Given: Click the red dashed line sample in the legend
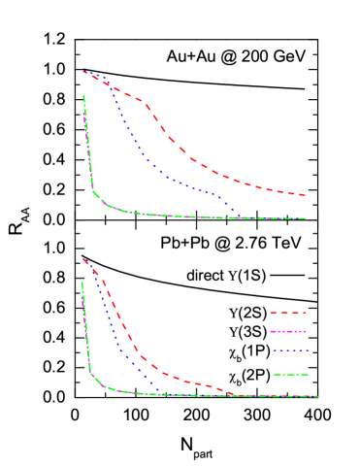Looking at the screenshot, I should point(288,313).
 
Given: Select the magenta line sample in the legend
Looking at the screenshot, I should point(288,331).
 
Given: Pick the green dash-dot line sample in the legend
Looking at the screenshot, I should point(290,375).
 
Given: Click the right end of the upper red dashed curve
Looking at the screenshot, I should point(306,195).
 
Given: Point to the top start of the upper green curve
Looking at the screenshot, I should point(83,96).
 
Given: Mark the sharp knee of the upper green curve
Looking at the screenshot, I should point(93,190).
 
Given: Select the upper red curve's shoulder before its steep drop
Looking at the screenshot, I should point(143,101).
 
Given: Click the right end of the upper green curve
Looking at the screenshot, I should point(306,218).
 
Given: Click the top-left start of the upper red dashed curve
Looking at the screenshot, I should point(83,71).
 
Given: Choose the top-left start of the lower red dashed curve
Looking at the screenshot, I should point(83,258).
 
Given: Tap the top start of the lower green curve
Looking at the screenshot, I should point(82,283).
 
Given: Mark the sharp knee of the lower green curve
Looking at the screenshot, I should point(91,372).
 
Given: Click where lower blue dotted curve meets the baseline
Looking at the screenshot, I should point(161,393).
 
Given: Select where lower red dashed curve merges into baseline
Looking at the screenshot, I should point(236,395).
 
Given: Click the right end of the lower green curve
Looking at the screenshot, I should point(317,396).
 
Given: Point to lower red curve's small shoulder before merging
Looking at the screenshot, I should point(207,385).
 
